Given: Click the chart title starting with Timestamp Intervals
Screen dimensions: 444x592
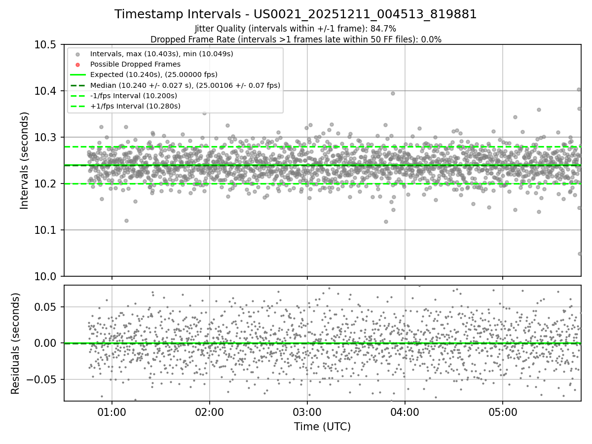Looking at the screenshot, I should point(296,14).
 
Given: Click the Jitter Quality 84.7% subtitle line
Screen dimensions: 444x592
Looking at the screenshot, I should point(296,29).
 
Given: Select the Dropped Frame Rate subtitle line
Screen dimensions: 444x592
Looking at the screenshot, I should point(296,39).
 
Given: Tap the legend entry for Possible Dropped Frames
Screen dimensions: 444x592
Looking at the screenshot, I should point(135,64).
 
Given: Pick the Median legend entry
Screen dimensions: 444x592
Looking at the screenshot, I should point(185,85).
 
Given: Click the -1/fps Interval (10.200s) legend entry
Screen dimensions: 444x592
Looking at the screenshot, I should point(134,96).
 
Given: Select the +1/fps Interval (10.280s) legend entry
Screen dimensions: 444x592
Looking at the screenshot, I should point(135,106).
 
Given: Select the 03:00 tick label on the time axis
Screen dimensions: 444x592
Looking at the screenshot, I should point(307,411).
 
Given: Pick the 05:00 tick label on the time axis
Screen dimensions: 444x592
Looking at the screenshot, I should point(503,411).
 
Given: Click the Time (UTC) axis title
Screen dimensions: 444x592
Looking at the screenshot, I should point(322,427).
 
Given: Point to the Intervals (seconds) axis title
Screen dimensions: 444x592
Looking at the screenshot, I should point(25,160).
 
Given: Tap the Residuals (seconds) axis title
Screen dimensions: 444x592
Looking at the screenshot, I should point(15,343).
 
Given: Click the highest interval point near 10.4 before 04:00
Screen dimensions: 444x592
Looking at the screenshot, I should point(393,93).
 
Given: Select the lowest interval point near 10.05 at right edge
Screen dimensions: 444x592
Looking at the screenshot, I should point(580,254).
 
